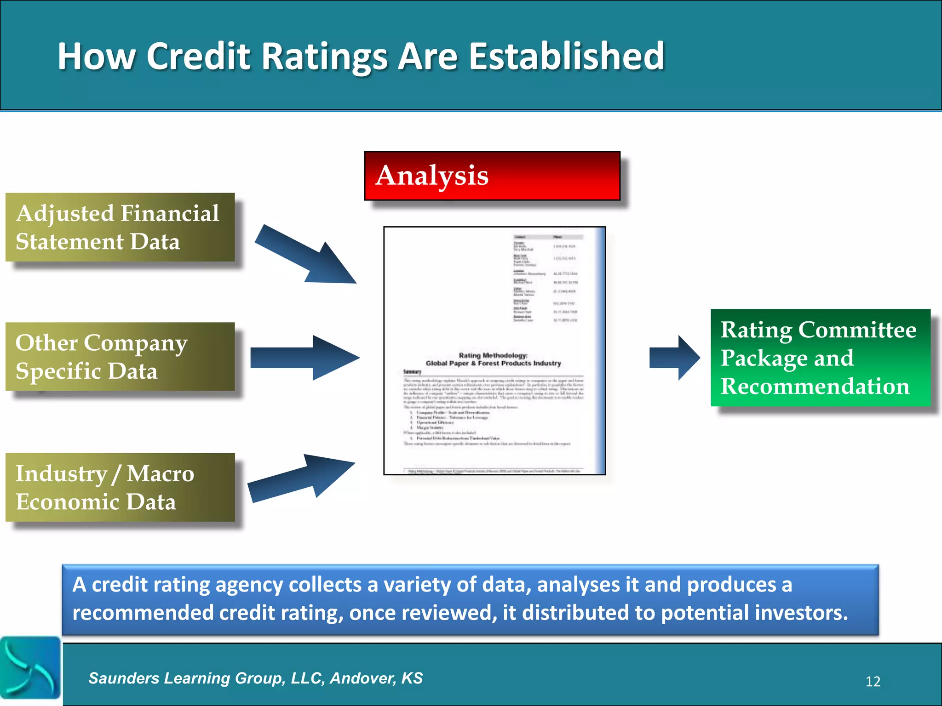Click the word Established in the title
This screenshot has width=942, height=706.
(x=566, y=56)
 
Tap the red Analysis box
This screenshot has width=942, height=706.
(x=492, y=176)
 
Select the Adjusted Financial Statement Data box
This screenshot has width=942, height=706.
(x=120, y=228)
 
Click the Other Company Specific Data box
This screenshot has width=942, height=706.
(x=120, y=357)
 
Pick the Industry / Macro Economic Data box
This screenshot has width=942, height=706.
(x=120, y=487)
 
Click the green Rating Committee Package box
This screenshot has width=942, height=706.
(x=820, y=358)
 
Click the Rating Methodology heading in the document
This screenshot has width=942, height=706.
(x=493, y=355)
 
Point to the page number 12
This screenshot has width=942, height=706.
(x=873, y=681)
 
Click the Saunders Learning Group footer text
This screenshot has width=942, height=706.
(x=255, y=678)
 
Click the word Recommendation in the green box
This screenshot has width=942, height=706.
(x=815, y=386)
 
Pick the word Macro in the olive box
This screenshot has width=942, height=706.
(x=160, y=473)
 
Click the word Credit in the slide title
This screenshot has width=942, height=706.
(x=198, y=56)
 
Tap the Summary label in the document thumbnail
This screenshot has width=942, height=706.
(x=412, y=371)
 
